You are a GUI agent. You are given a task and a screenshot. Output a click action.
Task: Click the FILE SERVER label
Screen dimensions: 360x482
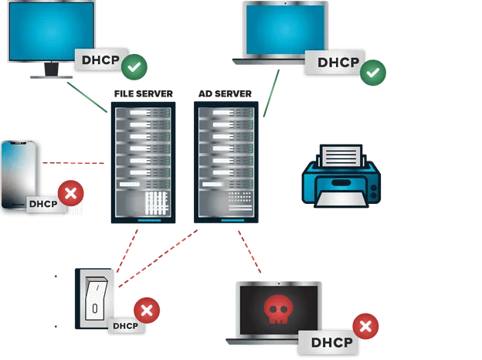(x=143, y=94)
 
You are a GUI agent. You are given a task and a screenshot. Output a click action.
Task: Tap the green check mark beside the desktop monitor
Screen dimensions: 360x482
(x=134, y=67)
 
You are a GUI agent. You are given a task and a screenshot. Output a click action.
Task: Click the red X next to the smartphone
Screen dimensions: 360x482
(x=71, y=193)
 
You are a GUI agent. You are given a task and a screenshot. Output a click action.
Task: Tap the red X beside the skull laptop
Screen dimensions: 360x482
(x=365, y=326)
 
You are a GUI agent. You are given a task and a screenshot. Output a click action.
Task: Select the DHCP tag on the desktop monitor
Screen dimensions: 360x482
(x=98, y=59)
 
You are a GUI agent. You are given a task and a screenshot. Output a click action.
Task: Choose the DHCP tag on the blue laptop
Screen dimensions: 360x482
(x=333, y=63)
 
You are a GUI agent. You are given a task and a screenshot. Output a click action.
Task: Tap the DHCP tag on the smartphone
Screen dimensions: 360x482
(x=43, y=205)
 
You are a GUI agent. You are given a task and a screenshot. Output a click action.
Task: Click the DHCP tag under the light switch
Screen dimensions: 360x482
(x=124, y=326)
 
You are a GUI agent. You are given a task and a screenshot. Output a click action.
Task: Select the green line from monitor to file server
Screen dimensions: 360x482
(x=86, y=97)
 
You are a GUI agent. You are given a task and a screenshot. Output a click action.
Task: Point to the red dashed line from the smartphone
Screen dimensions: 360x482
(x=73, y=163)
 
